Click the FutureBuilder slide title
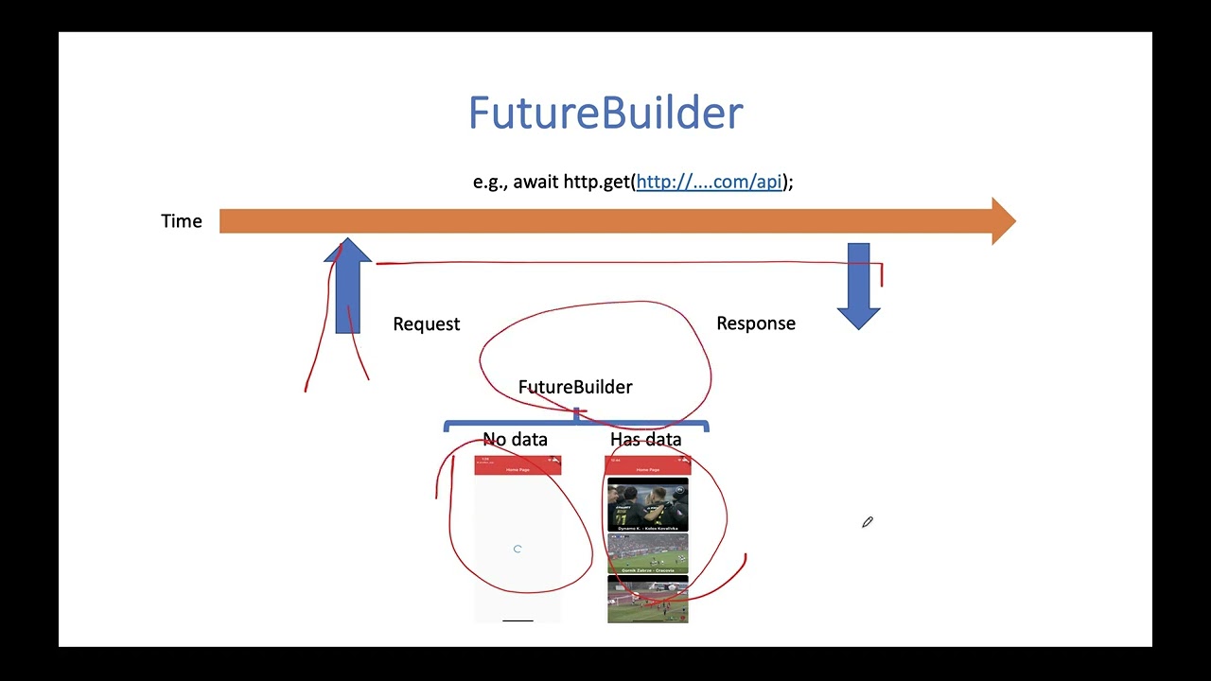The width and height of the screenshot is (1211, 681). point(605,113)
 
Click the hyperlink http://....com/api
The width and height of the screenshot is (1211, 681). point(709,182)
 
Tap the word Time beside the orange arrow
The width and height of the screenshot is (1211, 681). point(182,221)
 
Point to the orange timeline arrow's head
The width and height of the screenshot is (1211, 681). point(1002,221)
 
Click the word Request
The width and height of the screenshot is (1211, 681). point(426,324)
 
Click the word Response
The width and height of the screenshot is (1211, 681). point(755,323)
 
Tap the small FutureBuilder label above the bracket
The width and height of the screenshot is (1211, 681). point(575,387)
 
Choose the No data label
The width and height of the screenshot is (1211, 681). point(515,439)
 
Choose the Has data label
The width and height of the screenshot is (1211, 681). point(645,439)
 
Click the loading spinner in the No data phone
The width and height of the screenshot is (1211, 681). point(518,549)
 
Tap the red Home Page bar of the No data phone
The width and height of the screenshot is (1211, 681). point(518,467)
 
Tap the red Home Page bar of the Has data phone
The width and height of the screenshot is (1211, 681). point(648,467)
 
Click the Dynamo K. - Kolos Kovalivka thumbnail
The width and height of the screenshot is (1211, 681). point(648,504)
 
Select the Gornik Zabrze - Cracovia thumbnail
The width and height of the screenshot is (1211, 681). point(648,552)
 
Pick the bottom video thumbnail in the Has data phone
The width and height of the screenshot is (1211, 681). point(648,601)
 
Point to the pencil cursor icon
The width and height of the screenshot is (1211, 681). point(867,522)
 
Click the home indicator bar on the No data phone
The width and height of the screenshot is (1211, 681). point(518,620)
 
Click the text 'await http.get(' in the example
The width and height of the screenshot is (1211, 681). point(573,182)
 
